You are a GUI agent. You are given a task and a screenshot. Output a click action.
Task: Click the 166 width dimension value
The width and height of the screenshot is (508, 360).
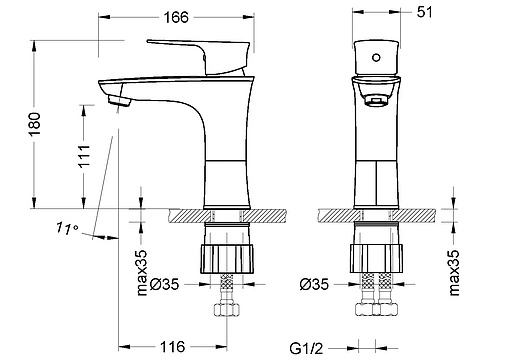(x=176, y=17)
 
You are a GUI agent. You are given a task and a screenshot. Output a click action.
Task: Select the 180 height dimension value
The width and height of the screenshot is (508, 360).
(x=35, y=124)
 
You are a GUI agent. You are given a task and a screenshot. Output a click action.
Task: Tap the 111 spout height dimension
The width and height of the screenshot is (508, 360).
(x=84, y=156)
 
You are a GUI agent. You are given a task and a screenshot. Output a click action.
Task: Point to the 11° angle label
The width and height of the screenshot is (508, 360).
(x=67, y=228)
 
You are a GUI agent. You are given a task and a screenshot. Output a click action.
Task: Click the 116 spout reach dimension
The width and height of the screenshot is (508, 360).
(x=173, y=347)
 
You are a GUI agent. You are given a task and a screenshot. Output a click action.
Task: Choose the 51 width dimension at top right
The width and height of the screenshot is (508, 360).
(x=424, y=12)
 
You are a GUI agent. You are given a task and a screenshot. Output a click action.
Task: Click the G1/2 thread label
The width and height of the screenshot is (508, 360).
(x=306, y=349)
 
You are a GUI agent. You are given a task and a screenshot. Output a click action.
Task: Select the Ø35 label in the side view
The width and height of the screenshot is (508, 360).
(x=164, y=284)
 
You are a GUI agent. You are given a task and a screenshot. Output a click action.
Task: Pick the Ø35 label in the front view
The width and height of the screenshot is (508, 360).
(x=314, y=284)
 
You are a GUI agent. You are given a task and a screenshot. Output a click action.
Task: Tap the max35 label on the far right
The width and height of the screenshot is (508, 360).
(x=454, y=273)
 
